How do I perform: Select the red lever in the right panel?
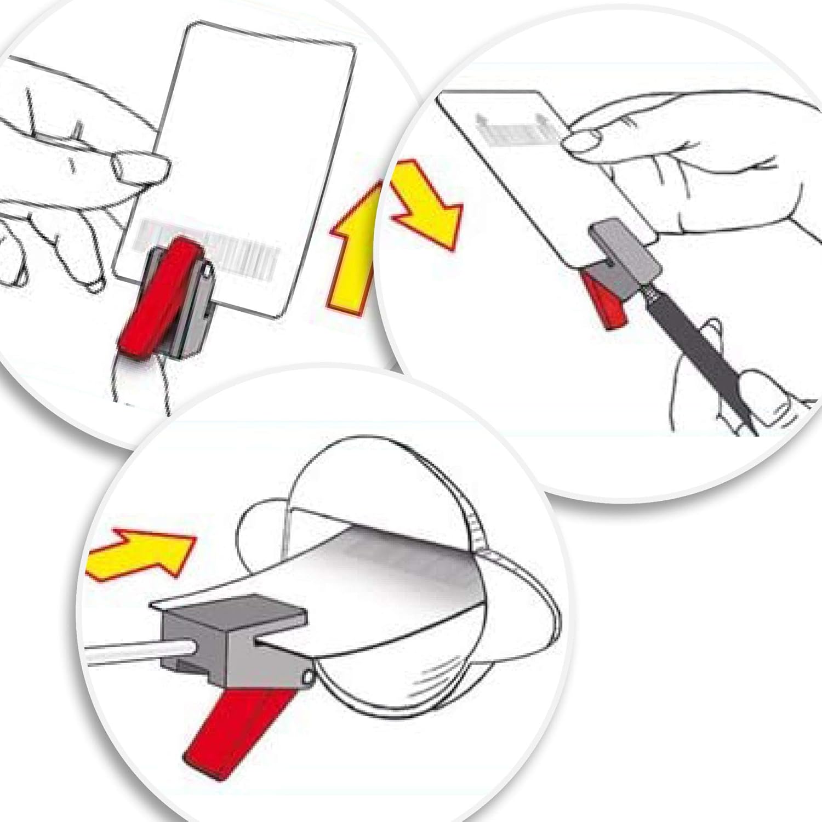[x=603, y=299]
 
